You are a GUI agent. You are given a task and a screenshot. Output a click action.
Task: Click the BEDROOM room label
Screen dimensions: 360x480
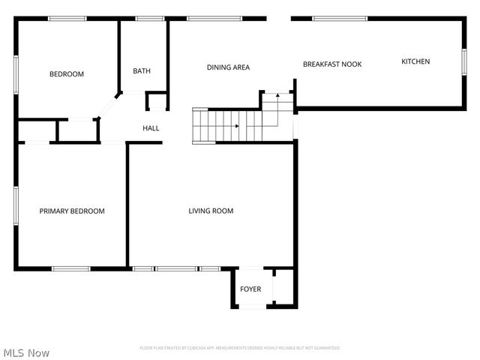tap(67, 73)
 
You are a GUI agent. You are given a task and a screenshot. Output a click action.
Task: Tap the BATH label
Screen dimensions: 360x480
tap(142, 71)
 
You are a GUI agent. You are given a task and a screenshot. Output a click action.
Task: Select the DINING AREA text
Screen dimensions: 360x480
tap(228, 67)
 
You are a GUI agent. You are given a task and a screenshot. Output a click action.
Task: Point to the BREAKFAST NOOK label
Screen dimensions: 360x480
tap(332, 64)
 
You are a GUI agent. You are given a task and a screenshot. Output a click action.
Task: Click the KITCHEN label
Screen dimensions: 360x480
tap(415, 61)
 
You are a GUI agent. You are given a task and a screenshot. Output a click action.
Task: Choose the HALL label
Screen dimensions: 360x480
tap(151, 128)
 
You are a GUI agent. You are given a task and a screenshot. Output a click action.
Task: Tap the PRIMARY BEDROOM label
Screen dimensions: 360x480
tap(72, 211)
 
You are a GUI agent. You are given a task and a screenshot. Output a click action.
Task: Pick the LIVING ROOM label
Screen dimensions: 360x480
tap(211, 211)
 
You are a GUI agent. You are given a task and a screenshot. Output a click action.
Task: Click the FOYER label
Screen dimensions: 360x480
tap(250, 289)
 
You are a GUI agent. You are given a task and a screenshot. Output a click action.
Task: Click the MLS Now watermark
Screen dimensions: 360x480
tap(27, 352)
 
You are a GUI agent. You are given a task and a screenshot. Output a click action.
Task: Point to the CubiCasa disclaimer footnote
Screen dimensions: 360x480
tap(239, 348)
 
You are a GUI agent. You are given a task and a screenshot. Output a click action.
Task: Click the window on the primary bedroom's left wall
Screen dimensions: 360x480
tap(16, 205)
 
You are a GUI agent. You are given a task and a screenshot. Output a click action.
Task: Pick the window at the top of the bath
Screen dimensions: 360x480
tap(150, 19)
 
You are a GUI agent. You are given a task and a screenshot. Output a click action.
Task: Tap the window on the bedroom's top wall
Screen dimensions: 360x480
tap(67, 19)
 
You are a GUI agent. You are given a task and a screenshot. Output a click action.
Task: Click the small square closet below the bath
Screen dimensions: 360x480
tap(156, 102)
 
